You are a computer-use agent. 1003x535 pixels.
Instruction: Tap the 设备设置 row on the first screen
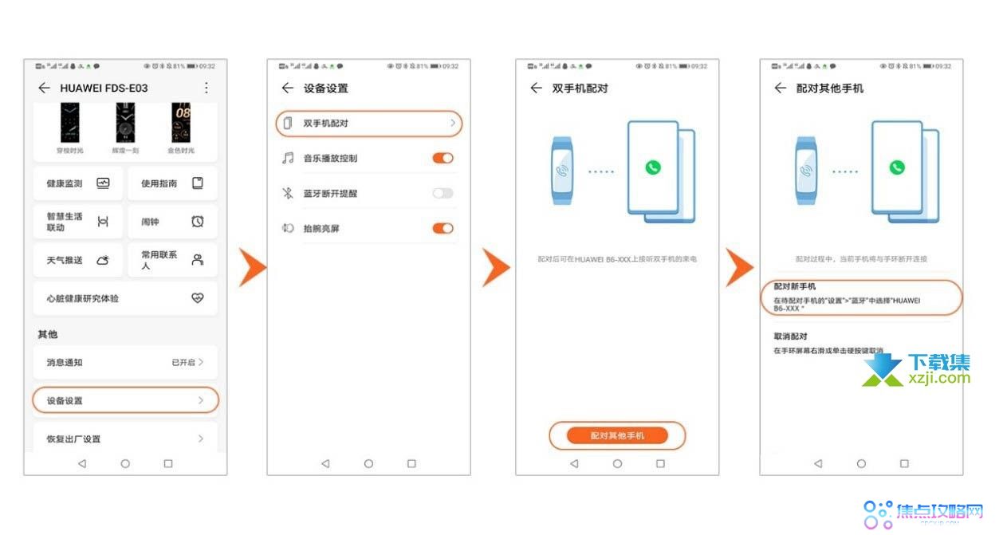click(125, 400)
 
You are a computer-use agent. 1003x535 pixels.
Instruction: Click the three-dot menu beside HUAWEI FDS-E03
click(206, 88)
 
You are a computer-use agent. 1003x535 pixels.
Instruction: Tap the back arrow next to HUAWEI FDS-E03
click(44, 88)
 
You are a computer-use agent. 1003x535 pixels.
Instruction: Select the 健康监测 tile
click(78, 183)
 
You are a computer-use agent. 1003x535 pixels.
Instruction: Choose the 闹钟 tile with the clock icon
click(172, 222)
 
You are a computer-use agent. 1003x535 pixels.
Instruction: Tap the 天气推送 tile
click(78, 260)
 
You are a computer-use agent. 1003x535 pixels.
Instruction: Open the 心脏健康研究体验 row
click(125, 298)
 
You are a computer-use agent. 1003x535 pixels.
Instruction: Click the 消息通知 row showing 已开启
click(125, 362)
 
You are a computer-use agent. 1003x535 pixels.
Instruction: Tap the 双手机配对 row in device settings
click(369, 124)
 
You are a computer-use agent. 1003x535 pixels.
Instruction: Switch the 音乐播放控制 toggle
click(442, 158)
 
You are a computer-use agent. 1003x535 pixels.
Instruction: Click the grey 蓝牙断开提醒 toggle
click(442, 193)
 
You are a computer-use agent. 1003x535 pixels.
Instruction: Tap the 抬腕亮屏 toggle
click(442, 228)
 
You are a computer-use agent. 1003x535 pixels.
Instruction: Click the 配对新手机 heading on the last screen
click(795, 286)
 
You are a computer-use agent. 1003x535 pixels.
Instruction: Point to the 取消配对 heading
click(790, 336)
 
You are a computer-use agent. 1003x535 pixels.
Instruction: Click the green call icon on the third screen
click(653, 167)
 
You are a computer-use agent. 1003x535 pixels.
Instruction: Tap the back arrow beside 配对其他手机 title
click(780, 88)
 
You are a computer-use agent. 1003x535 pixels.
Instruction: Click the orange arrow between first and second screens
click(252, 267)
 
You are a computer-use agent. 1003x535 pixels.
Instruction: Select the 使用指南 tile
click(172, 183)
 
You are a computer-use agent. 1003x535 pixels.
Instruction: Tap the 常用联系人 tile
click(172, 260)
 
